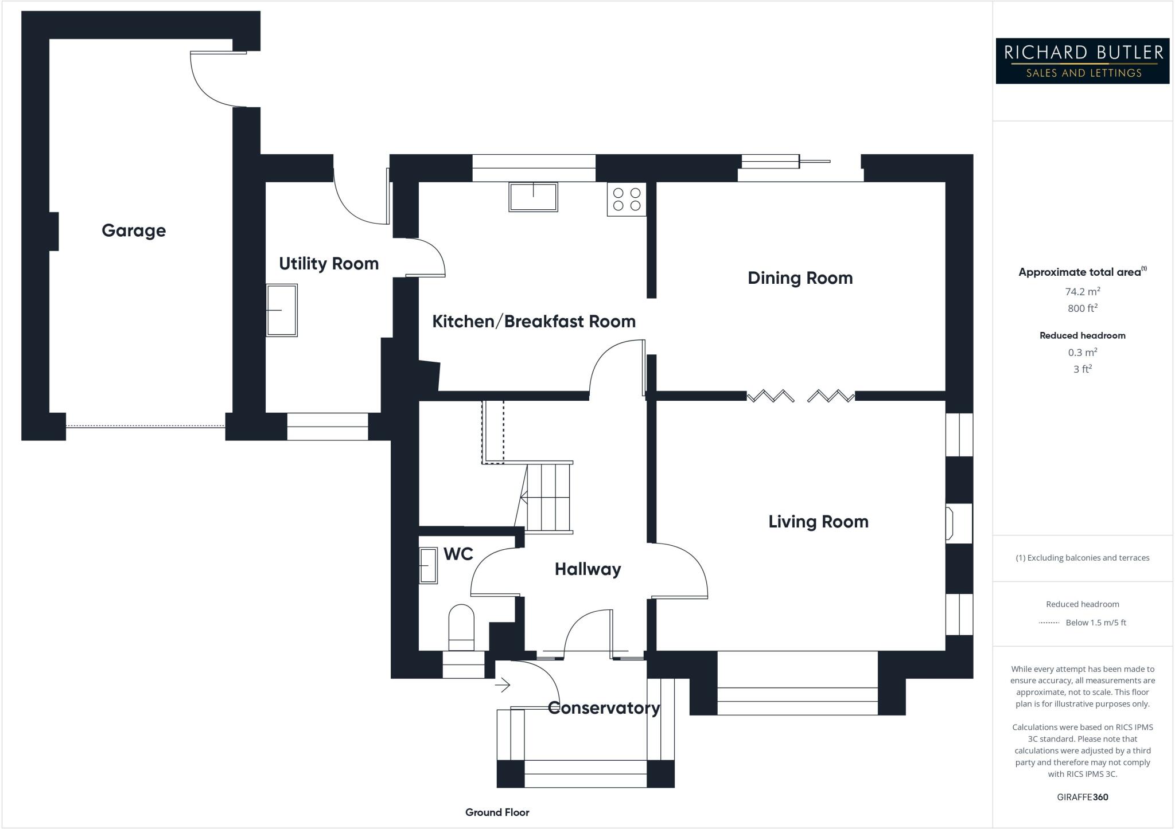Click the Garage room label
(134, 230)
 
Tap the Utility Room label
(329, 264)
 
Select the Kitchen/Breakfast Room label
(534, 322)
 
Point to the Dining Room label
(800, 278)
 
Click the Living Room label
(818, 522)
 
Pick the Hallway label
(587, 569)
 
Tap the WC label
(458, 554)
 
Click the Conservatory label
(604, 708)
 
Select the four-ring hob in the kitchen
(627, 200)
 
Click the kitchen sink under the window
(533, 197)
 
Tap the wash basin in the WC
(428, 566)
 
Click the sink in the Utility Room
(282, 310)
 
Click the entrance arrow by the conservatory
(503, 685)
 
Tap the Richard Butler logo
(1082, 61)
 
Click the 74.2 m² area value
(1082, 291)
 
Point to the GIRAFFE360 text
(1082, 797)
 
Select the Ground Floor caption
(497, 812)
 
